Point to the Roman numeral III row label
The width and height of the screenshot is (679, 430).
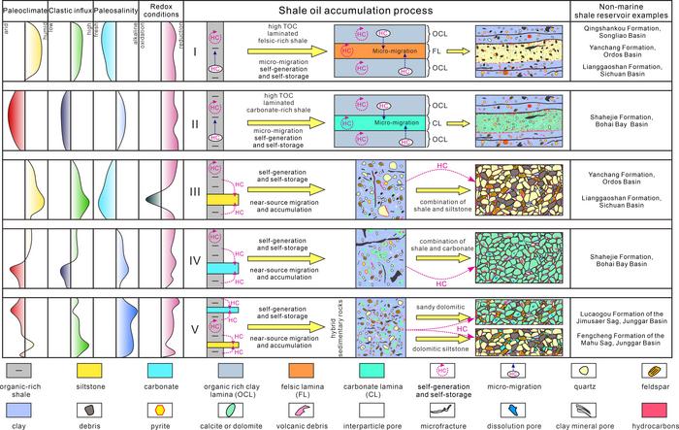click(x=194, y=191)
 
